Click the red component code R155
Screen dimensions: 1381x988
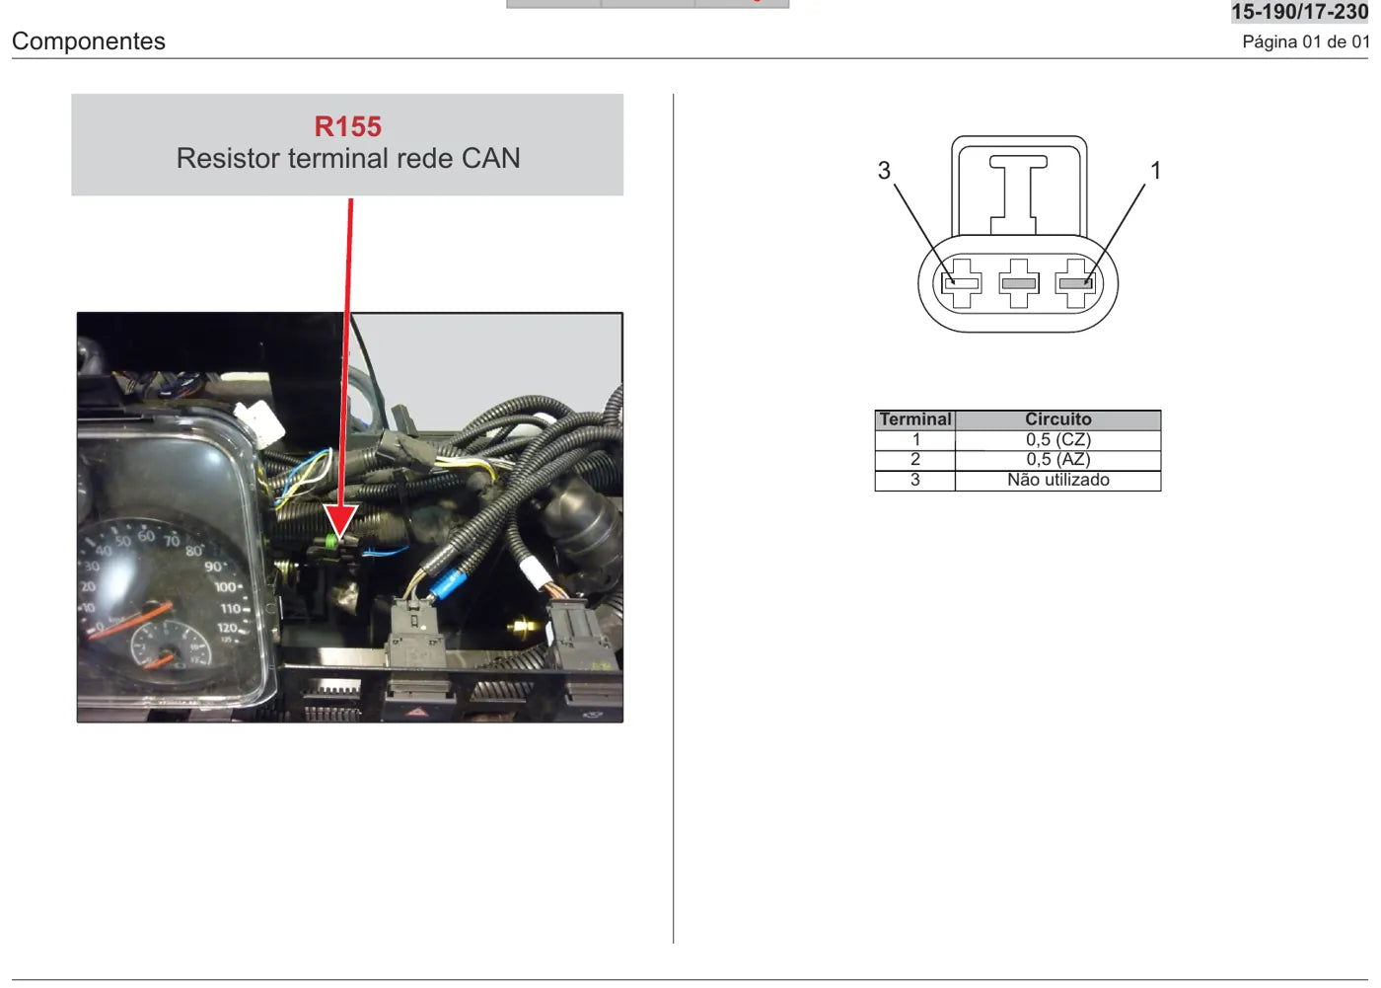pyautogui.click(x=347, y=126)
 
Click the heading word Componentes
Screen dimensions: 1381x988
pyautogui.click(x=88, y=41)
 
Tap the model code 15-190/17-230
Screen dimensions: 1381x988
pyautogui.click(x=1299, y=12)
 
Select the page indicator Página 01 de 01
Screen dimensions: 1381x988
pyautogui.click(x=1305, y=41)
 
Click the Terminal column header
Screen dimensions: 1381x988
pyautogui.click(x=915, y=419)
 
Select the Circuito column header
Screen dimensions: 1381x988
pyautogui.click(x=1057, y=419)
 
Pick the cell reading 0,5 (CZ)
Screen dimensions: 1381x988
pyautogui.click(x=1057, y=440)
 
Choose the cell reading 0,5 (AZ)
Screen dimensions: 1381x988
pyautogui.click(x=1057, y=460)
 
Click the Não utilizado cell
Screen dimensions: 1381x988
pyautogui.click(x=1057, y=480)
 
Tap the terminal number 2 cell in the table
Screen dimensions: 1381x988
pyautogui.click(x=915, y=460)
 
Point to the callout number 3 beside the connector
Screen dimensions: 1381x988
pyautogui.click(x=884, y=170)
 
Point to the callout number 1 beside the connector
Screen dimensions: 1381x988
pyautogui.click(x=1156, y=170)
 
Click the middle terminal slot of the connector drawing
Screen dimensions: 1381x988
pyautogui.click(x=1018, y=283)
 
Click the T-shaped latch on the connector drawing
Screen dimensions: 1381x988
pyautogui.click(x=1018, y=194)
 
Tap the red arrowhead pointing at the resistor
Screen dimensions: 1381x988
pyautogui.click(x=339, y=522)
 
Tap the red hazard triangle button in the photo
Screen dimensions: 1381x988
pyautogui.click(x=416, y=714)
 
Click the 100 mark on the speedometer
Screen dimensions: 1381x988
pyautogui.click(x=226, y=586)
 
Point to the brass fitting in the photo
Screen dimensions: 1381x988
pyautogui.click(x=524, y=627)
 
